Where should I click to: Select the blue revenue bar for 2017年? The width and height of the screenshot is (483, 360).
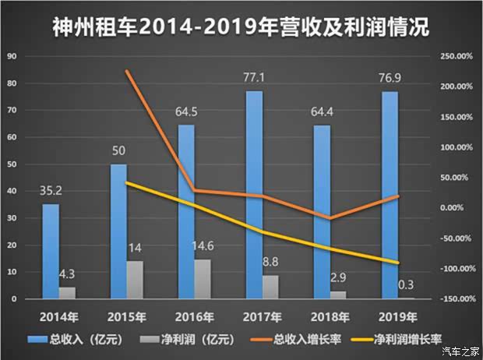click(252, 195)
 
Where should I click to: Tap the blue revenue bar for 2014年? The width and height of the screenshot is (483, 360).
click(50, 251)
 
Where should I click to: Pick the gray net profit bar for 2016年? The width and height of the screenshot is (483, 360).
click(201, 279)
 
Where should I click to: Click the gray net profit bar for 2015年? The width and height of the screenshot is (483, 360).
click(135, 280)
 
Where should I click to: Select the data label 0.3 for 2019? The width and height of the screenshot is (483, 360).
click(404, 284)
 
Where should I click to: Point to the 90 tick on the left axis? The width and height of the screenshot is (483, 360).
click(10, 57)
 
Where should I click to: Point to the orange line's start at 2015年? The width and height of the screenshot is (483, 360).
click(126, 71)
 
